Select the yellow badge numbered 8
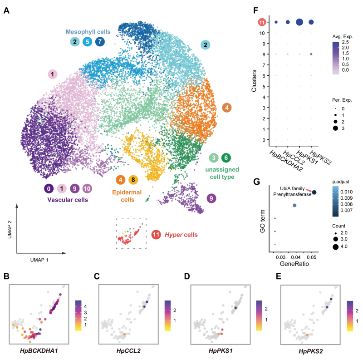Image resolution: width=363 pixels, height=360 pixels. click(133, 180)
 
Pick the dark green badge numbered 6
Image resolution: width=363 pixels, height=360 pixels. click(226, 158)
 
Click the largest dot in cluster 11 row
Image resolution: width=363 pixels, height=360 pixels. click(299, 22)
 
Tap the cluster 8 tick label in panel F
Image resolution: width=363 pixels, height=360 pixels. click(263, 54)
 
